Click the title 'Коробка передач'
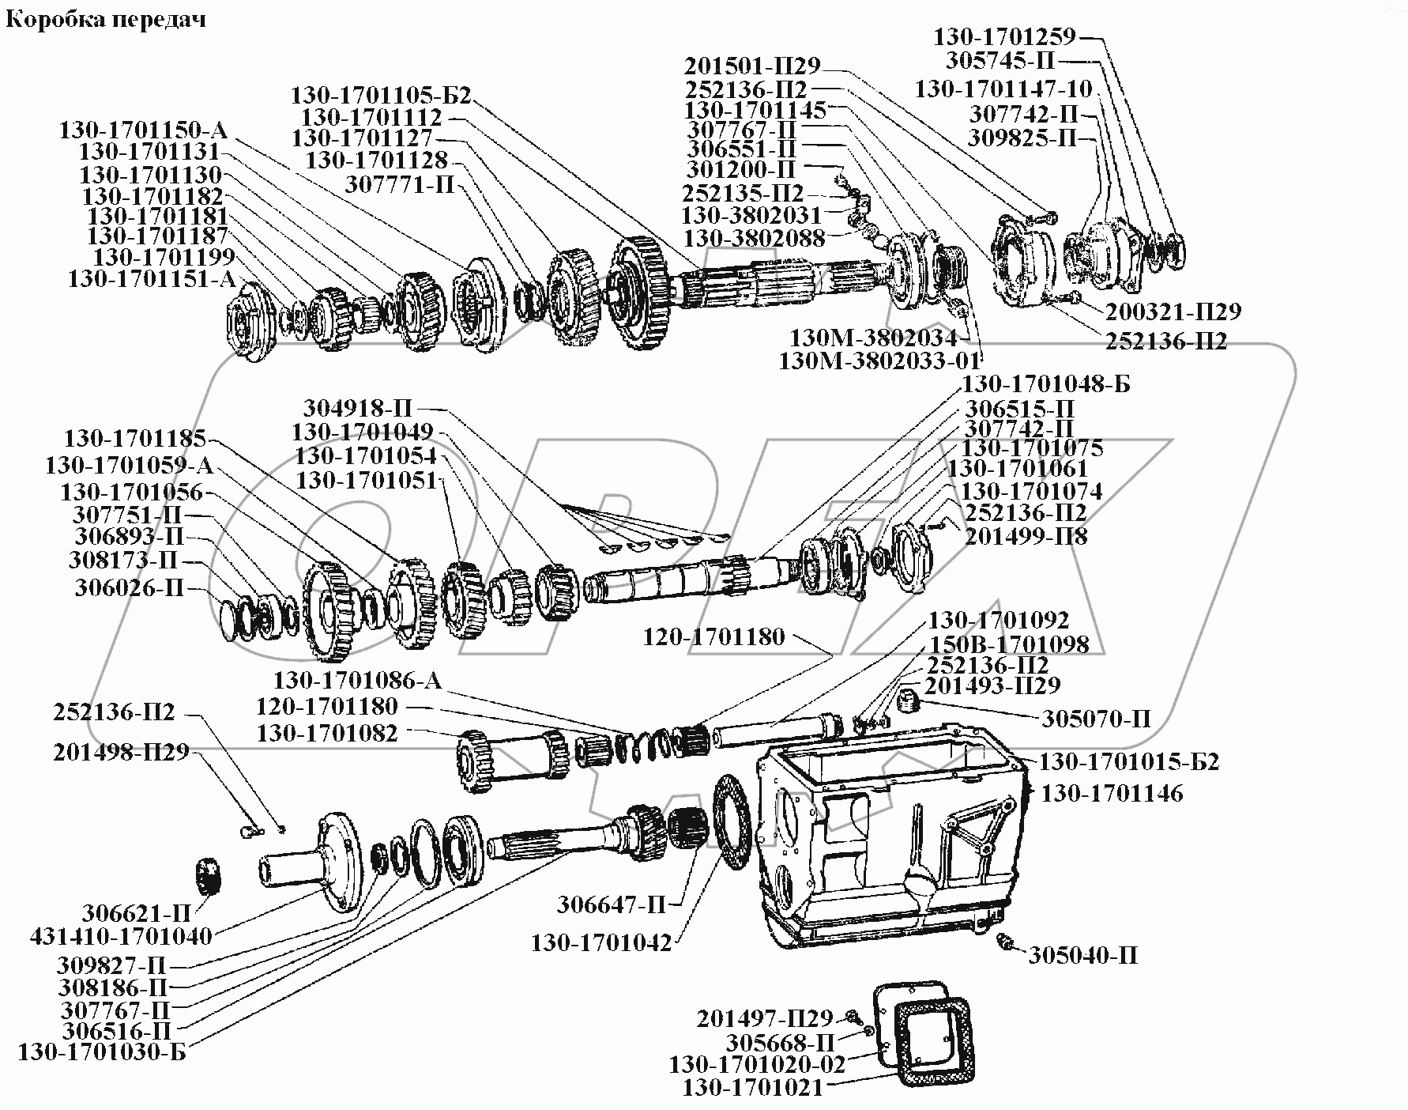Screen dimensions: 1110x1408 tap(106, 19)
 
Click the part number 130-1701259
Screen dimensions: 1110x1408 tap(1004, 36)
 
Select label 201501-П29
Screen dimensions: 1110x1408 tap(752, 66)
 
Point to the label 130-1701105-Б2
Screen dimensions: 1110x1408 tap(381, 96)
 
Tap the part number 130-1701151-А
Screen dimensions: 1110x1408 tap(152, 279)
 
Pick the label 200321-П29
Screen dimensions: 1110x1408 tap(1173, 311)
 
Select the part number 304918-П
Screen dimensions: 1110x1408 tap(358, 409)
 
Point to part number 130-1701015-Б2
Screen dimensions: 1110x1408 tap(1128, 762)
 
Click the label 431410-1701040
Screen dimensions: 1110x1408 tap(121, 937)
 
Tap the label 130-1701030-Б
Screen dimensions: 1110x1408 tap(102, 1053)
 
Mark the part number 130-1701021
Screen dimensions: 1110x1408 tap(753, 1088)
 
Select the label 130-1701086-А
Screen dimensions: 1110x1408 tap(358, 681)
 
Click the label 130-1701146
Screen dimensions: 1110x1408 tap(1112, 793)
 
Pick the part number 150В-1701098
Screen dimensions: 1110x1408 tap(1008, 644)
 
